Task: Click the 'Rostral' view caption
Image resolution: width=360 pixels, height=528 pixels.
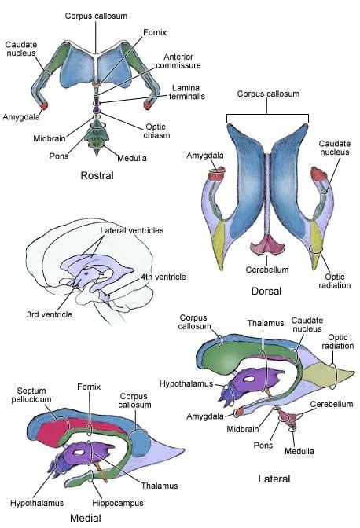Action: tap(97, 175)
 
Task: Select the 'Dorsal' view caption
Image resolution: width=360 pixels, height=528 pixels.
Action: tap(266, 291)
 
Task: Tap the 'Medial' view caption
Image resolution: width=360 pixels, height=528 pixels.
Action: tap(86, 518)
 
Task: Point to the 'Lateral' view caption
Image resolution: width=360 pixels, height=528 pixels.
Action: tap(274, 478)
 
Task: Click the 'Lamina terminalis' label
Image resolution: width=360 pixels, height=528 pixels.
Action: tap(187, 92)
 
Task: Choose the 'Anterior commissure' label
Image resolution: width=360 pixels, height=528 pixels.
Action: tap(178, 61)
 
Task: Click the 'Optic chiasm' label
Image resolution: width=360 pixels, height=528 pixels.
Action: tap(156, 131)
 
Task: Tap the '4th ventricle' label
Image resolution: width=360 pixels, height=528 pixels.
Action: tap(163, 277)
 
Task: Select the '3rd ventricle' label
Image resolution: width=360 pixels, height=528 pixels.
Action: tap(50, 314)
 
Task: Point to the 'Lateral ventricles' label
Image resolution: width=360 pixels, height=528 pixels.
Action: tap(132, 230)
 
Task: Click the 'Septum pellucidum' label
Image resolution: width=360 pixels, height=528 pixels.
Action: tap(31, 395)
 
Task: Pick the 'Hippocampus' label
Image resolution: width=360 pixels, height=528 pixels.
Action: tap(118, 503)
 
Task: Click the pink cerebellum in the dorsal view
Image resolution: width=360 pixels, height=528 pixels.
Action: tap(267, 245)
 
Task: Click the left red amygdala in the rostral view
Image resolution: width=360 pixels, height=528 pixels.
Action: tap(44, 106)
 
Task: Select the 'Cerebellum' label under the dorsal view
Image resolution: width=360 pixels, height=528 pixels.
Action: tap(267, 269)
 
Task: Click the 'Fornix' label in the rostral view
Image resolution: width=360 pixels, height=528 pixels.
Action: tap(155, 32)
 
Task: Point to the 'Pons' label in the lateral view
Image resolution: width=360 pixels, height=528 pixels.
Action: tap(263, 445)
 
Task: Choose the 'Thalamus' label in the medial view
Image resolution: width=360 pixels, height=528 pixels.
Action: tap(160, 486)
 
